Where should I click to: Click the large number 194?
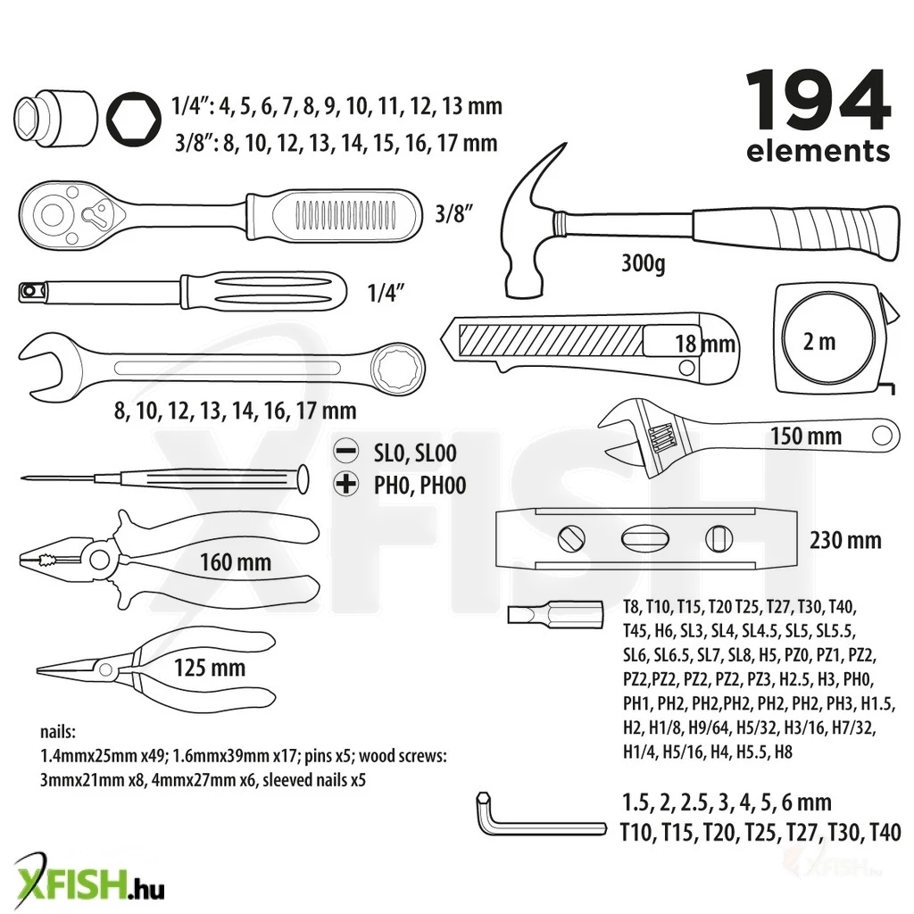coord(818,100)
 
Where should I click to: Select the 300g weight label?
coord(644,263)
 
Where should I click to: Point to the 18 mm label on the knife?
coord(705,344)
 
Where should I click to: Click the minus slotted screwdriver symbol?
coord(345,451)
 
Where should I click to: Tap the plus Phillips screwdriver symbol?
coord(345,484)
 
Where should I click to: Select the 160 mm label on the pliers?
coord(236,562)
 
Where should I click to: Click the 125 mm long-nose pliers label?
coord(210,668)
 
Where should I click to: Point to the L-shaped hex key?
coord(541,827)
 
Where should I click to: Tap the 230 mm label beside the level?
coord(845,540)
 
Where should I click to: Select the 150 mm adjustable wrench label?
coord(806,436)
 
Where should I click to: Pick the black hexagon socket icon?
coord(134,119)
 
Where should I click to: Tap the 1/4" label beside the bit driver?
coord(386,292)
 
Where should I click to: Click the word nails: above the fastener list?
coord(58,732)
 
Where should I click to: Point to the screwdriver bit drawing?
coord(555,616)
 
